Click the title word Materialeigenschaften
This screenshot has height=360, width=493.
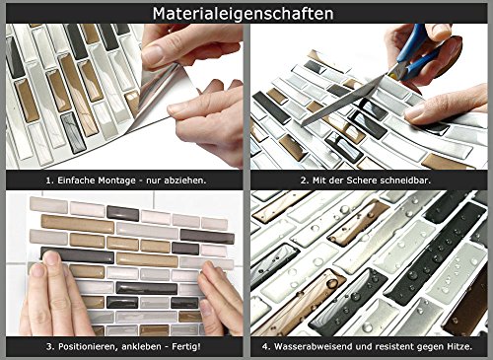pyautogui.click(x=243, y=14)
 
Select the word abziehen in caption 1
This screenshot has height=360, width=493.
pyautogui.click(x=187, y=180)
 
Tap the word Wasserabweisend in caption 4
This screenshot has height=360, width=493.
pyautogui.click(x=308, y=346)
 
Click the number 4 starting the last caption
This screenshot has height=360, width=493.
pyautogui.click(x=265, y=347)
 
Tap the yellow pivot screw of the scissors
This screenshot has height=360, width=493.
pyautogui.click(x=391, y=75)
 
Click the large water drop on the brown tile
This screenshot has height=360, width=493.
pyautogui.click(x=332, y=283)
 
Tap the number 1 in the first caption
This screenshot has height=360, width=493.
pyautogui.click(x=48, y=180)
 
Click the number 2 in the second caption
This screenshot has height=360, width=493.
pyautogui.click(x=303, y=180)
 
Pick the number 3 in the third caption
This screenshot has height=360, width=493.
pyautogui.click(x=49, y=347)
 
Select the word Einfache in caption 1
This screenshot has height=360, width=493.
pyautogui.click(x=76, y=180)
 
